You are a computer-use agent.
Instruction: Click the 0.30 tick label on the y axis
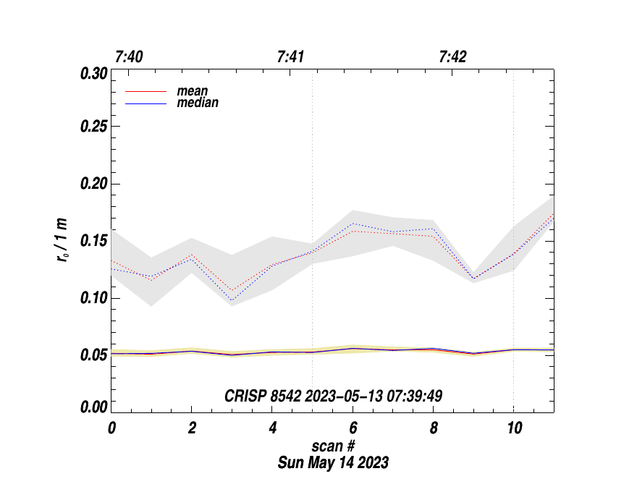93,74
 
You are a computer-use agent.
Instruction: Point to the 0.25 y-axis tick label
93,127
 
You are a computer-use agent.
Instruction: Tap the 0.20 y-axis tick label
93,184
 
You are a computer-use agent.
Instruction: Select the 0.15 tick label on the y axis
93,241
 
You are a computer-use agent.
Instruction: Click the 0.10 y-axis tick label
93,298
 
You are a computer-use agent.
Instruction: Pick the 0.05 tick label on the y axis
93,355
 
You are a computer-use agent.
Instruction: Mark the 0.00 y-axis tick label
93,407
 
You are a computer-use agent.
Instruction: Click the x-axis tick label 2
192,428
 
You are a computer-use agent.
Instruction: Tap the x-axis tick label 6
353,428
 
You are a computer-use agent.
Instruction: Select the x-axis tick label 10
513,428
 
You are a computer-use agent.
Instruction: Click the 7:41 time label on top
290,56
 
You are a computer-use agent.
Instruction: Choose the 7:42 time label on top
452,56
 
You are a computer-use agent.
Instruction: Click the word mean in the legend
193,92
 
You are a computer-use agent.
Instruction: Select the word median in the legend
198,103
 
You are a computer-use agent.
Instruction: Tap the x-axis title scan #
332,446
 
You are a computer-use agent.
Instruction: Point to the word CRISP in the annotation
242,396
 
